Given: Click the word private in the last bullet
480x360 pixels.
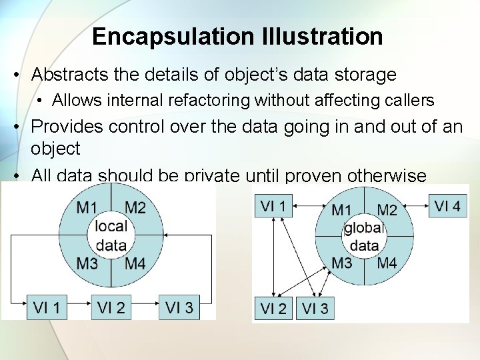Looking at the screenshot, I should [212, 176].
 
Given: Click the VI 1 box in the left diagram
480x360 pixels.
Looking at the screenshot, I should [47, 307].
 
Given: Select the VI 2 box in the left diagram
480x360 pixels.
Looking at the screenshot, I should [111, 307].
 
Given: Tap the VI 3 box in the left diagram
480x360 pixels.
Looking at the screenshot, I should [179, 307].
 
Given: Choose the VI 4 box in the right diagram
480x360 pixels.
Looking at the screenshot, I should [447, 205].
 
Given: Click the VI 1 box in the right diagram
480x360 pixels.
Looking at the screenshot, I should [273, 205].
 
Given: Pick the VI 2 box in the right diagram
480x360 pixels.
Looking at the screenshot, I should [273, 308].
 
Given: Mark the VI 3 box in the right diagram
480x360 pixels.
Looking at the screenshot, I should [315, 308].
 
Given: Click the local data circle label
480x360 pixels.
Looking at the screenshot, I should [111, 235].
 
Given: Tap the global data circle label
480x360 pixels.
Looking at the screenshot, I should [364, 237].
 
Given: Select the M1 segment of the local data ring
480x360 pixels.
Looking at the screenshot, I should [87, 207].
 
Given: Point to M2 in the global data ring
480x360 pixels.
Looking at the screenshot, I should [387, 211].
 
